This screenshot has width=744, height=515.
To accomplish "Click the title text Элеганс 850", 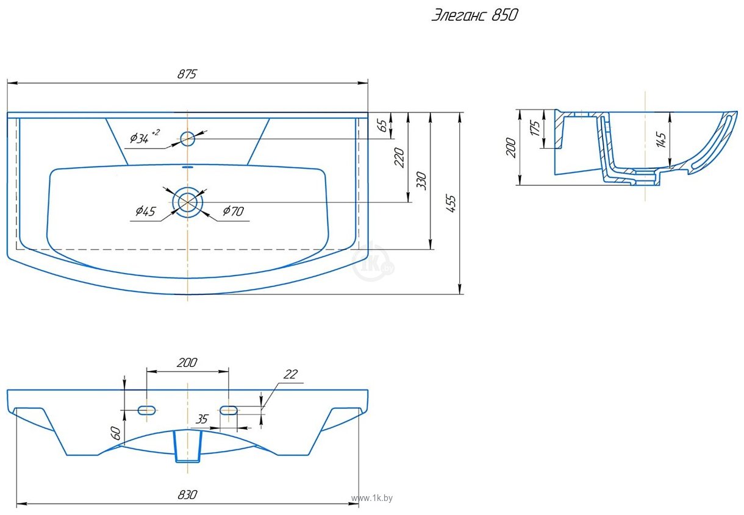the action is pos(474,15).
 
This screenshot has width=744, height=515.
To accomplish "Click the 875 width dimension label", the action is pos(187,74).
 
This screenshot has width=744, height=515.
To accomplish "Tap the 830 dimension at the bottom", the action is pos(188,495).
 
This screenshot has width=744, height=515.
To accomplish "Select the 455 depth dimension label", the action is pos(451,204).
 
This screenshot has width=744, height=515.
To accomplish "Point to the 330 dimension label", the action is pos(421,180).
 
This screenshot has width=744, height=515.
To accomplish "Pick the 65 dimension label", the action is pos(382,125).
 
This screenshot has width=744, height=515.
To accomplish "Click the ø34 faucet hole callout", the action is pos(145,137).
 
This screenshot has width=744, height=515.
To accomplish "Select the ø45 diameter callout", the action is pos(146,211).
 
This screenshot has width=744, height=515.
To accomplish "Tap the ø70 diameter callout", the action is pos(234,211).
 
